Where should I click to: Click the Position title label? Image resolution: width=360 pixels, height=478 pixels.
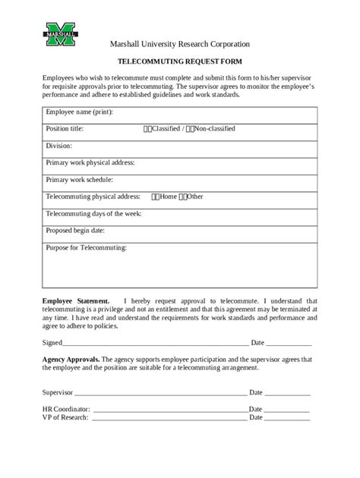(65, 129)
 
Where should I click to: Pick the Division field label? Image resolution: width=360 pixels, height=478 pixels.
(59, 146)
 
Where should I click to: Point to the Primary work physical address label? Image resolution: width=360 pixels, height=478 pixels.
(90, 162)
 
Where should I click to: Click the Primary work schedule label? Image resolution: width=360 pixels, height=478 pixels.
(79, 180)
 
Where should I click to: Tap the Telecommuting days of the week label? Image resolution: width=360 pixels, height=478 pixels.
(93, 213)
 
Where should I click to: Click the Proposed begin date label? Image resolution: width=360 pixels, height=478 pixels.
(75, 230)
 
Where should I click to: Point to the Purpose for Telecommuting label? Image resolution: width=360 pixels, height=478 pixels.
(87, 247)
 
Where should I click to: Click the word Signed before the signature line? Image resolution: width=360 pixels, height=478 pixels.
(52, 342)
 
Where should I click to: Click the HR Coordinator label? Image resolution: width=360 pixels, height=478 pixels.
(65, 410)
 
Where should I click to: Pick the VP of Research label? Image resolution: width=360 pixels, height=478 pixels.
(65, 418)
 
